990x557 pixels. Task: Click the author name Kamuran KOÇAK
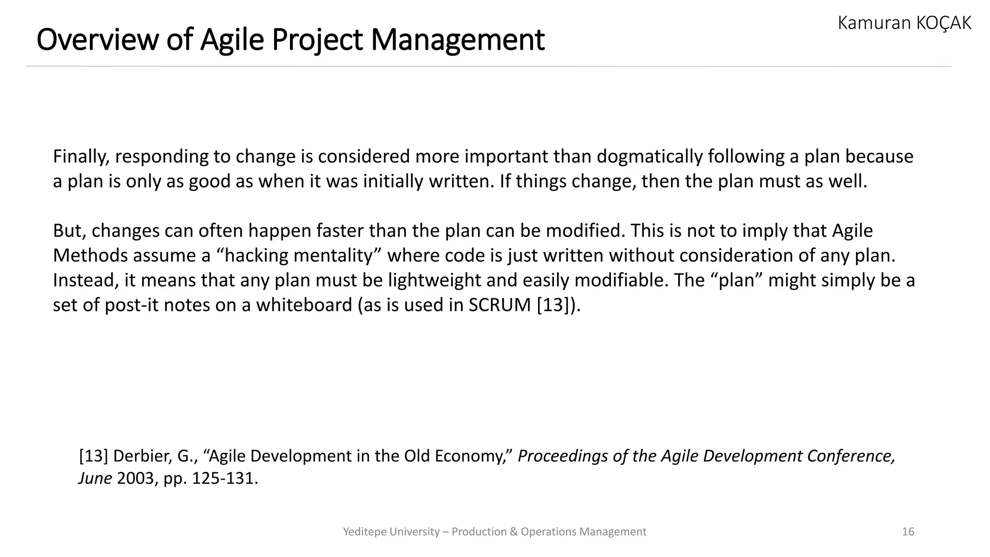tap(904, 23)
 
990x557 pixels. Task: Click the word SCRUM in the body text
tap(500, 305)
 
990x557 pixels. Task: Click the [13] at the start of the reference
tap(93, 456)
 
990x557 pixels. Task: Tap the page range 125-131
tap(224, 479)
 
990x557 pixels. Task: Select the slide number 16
tap(908, 532)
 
